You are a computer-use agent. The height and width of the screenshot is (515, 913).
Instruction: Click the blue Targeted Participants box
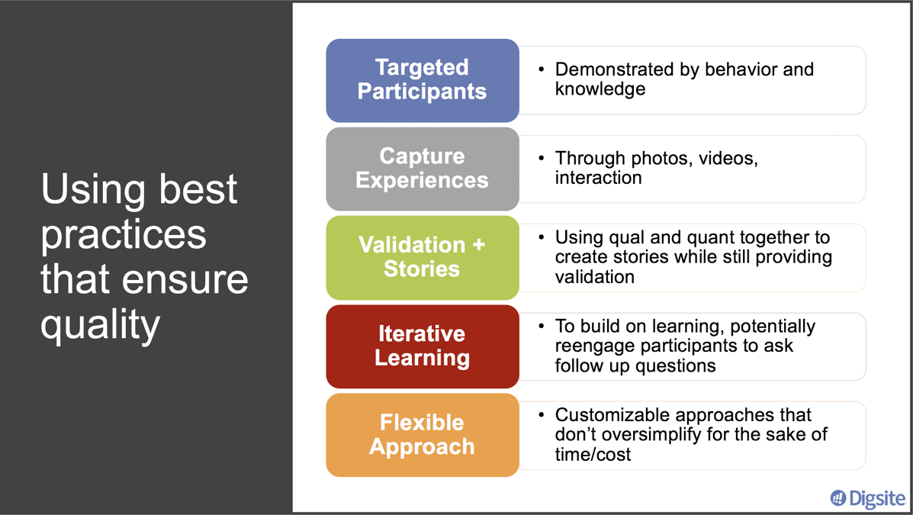(x=422, y=80)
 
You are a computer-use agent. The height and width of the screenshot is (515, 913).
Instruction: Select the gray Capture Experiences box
(x=422, y=169)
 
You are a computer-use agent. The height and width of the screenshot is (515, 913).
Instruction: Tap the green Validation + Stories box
(x=422, y=257)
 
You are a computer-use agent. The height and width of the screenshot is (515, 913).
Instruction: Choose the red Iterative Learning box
(x=422, y=346)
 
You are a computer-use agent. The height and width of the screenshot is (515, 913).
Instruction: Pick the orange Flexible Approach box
(x=422, y=435)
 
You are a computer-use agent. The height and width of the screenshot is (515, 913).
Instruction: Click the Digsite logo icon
(x=838, y=498)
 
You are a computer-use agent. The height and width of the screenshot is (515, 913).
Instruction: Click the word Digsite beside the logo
(x=877, y=498)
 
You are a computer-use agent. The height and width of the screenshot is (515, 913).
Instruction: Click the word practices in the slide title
(x=124, y=233)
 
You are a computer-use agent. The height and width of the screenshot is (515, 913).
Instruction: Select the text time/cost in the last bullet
(x=593, y=455)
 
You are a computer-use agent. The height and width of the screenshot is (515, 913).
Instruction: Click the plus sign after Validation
(x=478, y=245)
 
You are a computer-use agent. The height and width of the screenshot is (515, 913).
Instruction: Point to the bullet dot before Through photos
(x=541, y=159)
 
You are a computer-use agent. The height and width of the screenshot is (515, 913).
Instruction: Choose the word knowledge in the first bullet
(x=600, y=89)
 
